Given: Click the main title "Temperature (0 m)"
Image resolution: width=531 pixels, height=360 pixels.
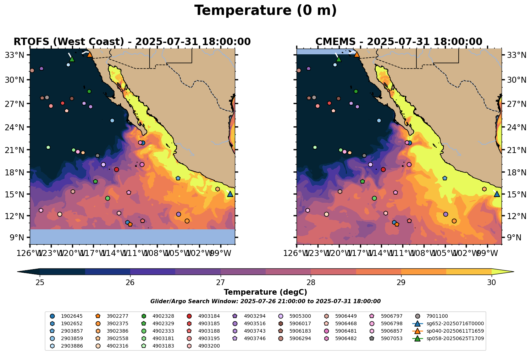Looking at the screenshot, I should point(265,11).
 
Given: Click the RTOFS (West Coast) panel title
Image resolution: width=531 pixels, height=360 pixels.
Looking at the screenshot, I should point(132,42).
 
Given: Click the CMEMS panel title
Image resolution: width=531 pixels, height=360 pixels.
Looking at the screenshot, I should point(399,42).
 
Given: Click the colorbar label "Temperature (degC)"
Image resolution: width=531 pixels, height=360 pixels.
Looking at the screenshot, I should point(265,292).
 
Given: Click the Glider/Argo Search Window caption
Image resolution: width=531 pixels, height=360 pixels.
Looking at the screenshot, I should point(265,301).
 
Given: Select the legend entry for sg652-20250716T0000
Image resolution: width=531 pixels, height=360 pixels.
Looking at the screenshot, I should point(449,324).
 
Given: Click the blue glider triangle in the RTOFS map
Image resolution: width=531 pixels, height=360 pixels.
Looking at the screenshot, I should point(230,194).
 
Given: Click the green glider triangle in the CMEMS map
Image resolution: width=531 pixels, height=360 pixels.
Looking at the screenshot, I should point(338,59).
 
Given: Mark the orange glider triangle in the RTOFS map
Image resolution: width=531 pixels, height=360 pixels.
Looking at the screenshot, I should point(90,55).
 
